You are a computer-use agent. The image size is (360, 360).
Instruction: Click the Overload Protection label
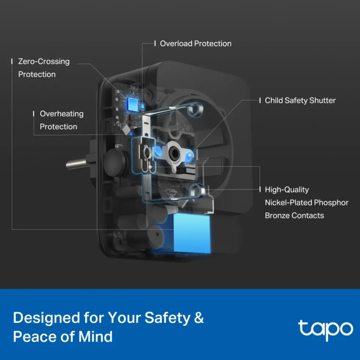pyautogui.click(x=195, y=43)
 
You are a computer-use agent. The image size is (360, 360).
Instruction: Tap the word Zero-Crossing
pyautogui.click(x=44, y=62)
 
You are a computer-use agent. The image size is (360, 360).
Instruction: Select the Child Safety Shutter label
pyautogui.click(x=300, y=100)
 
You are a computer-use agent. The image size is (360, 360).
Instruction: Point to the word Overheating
pyautogui.click(x=62, y=114)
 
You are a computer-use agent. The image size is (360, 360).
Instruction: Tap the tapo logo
pyautogui.click(x=325, y=330)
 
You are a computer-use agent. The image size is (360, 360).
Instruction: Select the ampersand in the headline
pyautogui.click(x=199, y=318)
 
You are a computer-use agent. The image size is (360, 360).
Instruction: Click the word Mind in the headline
pyautogui.click(x=96, y=336)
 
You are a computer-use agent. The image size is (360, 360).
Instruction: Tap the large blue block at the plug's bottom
pyautogui.click(x=192, y=233)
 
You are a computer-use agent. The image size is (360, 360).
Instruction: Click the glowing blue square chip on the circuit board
pyautogui.click(x=133, y=104)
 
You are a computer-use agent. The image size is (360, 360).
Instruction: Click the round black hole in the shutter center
pyautogui.click(x=174, y=153)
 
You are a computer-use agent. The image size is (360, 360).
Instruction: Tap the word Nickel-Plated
pyautogui.click(x=288, y=202)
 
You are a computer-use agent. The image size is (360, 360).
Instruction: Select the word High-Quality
pyautogui.click(x=287, y=190)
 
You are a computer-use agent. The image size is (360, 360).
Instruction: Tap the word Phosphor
pyautogui.click(x=331, y=203)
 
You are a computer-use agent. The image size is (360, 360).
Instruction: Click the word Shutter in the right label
pyautogui.click(x=323, y=100)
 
